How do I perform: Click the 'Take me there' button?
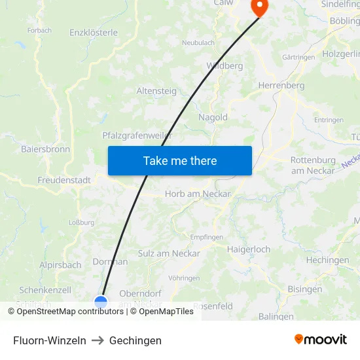(x=179, y=160)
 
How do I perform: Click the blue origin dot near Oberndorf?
(x=101, y=302)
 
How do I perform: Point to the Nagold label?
(x=213, y=118)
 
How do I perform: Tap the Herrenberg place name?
(x=281, y=85)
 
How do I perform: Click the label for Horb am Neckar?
(x=198, y=194)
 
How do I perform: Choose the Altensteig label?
(x=156, y=91)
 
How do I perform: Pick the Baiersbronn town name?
(x=45, y=149)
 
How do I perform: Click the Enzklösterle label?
(x=94, y=32)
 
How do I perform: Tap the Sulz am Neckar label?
(x=169, y=253)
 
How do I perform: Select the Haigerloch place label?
(x=249, y=249)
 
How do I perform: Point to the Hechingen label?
(x=327, y=260)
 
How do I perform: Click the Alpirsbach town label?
(x=60, y=265)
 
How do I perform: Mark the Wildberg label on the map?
(x=225, y=65)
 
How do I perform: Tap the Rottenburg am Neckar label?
(x=313, y=165)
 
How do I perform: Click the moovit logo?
(x=320, y=339)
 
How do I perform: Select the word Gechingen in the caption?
(x=135, y=340)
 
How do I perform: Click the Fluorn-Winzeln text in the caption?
(x=50, y=340)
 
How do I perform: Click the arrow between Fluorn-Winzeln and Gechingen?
(x=98, y=340)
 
